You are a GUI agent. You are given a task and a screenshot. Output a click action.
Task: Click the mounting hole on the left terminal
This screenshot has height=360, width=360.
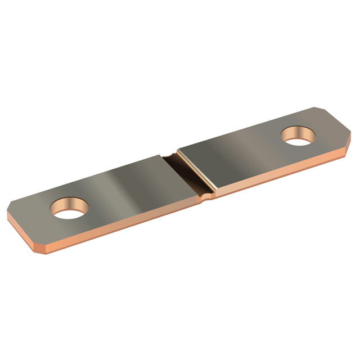tap(70, 209)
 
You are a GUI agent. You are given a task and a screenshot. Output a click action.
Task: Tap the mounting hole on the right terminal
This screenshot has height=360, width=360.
tap(298, 136)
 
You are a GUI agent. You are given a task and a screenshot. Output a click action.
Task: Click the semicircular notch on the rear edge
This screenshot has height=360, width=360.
tap(170, 153)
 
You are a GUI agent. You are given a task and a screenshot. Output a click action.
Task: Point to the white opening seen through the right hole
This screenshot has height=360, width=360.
tap(300, 139)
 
